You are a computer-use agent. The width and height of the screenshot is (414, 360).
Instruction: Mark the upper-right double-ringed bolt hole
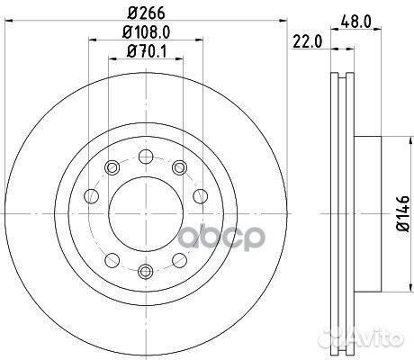(178, 166)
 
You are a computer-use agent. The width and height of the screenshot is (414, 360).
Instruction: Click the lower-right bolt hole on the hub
(178, 261)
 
